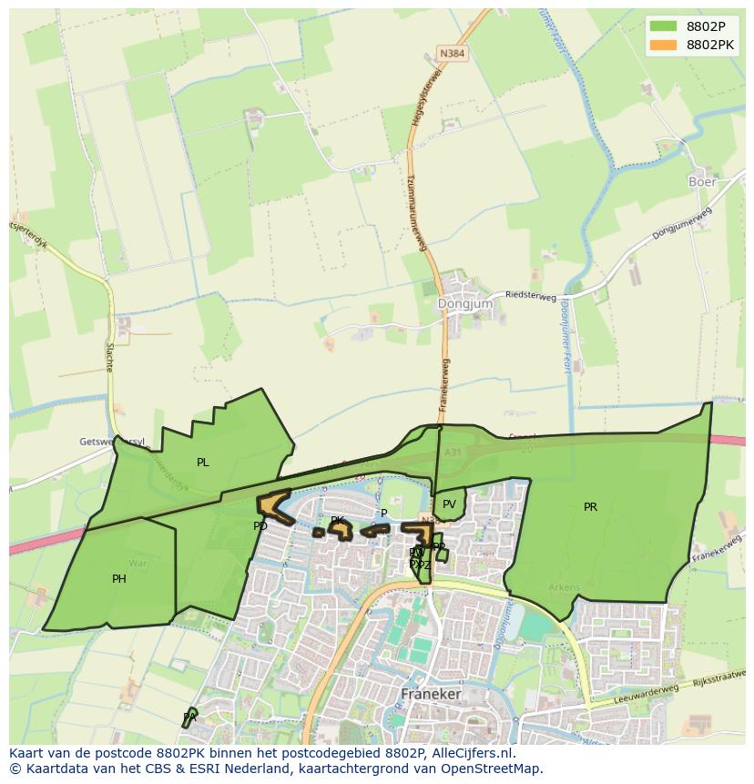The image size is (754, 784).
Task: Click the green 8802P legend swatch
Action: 664,25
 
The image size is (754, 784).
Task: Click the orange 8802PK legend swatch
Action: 664,44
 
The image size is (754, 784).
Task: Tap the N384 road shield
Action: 452,54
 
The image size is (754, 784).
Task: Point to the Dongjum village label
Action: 464,303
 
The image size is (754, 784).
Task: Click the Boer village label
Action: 701,181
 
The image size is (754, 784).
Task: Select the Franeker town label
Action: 431,694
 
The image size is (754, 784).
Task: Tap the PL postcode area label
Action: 202,463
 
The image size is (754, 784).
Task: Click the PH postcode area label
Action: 119,579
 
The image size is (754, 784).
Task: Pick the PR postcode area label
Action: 590,507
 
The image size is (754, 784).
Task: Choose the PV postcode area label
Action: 449,504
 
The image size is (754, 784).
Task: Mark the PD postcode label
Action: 260,526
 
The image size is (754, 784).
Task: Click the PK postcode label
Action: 338,521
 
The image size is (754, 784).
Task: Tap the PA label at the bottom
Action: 189,718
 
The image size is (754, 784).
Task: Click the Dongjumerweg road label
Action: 681,224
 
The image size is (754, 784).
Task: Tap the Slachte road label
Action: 109,356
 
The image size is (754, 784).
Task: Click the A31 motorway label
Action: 453,451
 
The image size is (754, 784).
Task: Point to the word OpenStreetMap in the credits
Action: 492,769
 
